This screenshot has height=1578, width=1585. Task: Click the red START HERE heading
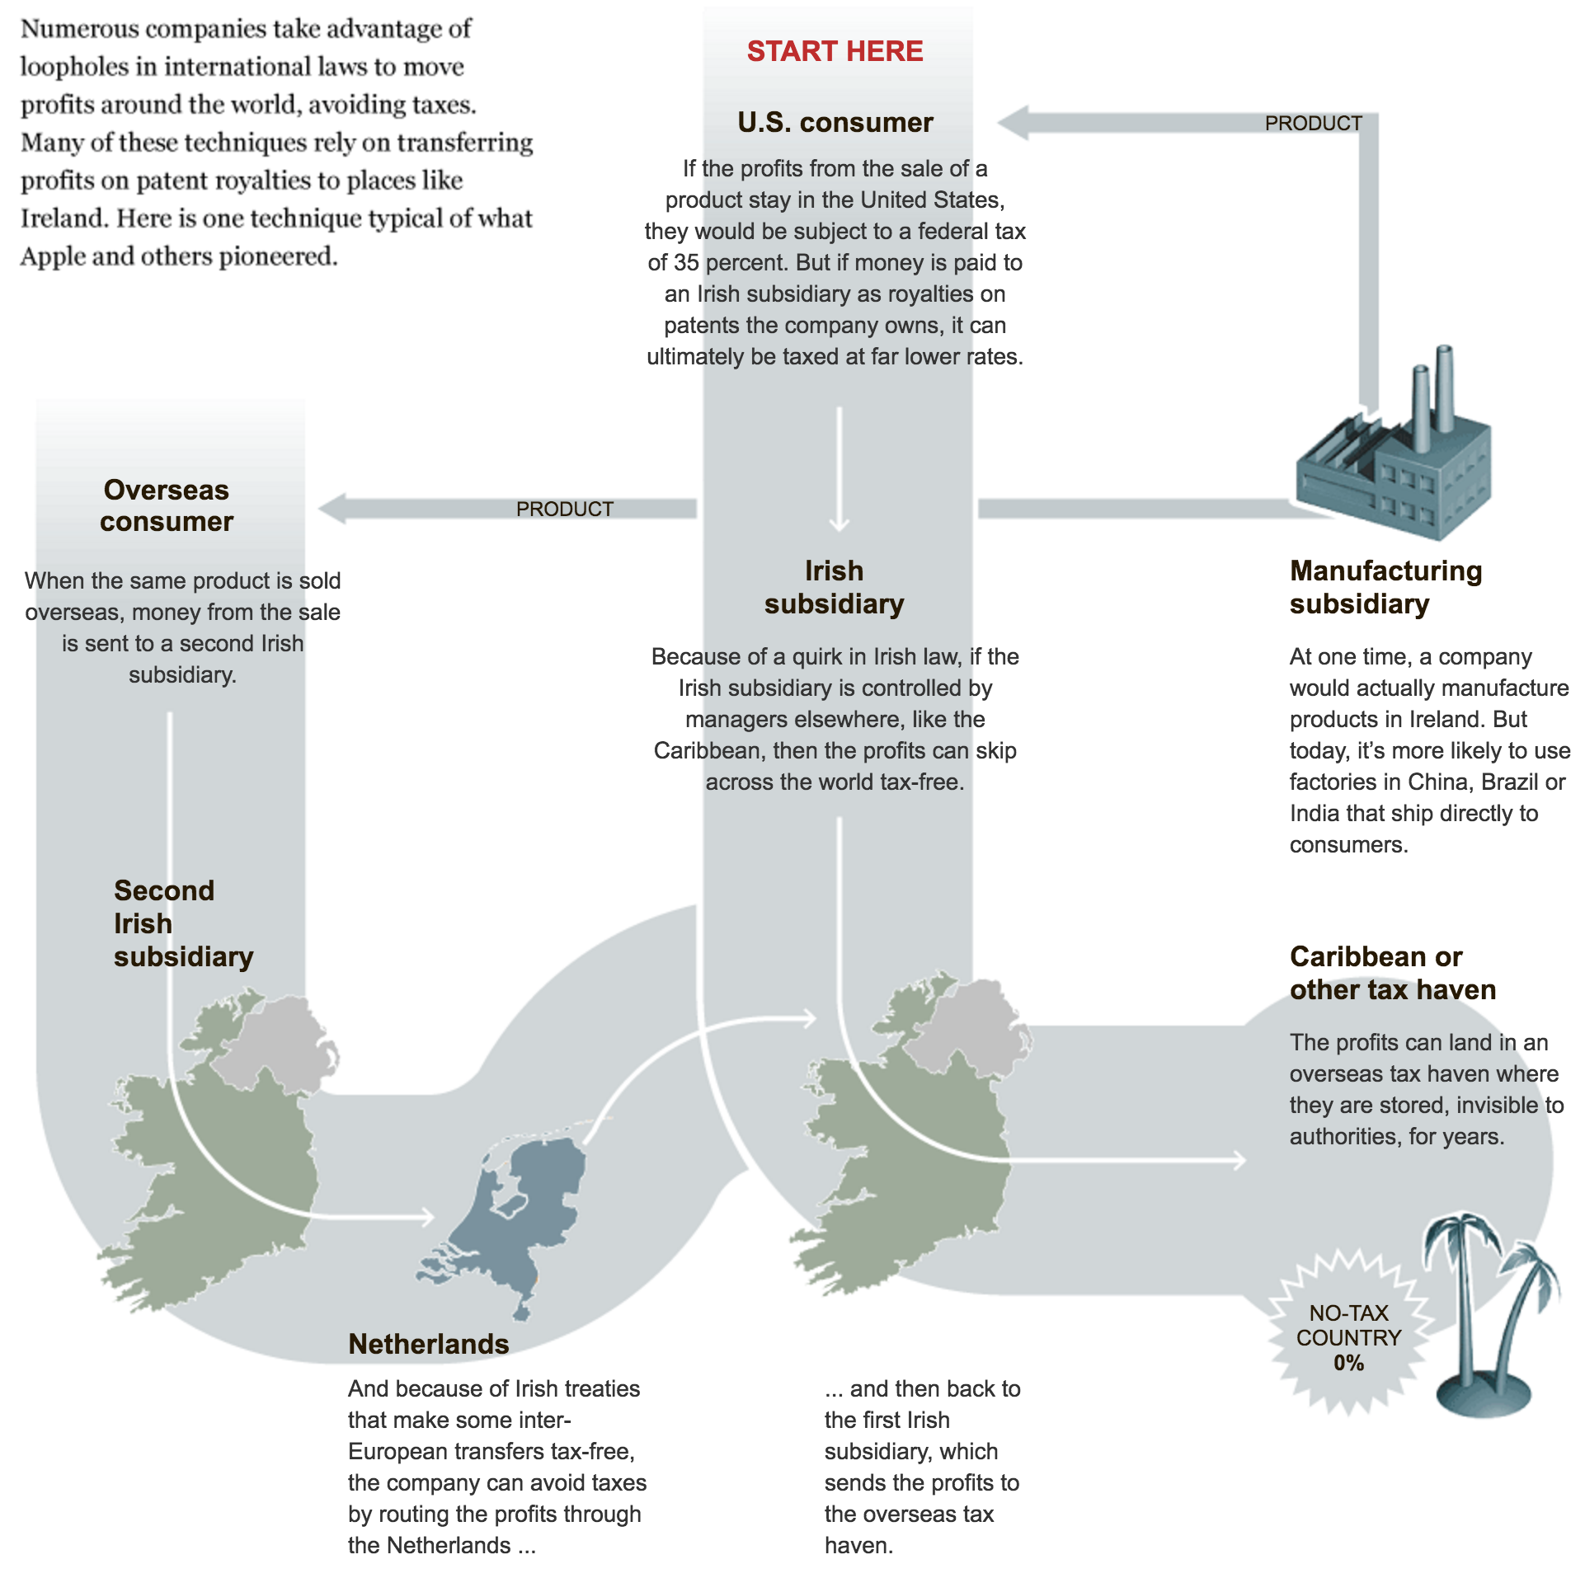click(x=835, y=51)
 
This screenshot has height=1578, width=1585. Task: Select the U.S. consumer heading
click(x=835, y=122)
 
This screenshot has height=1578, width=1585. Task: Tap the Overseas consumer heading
click(x=167, y=505)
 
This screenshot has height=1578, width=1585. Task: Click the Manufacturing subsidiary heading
click(x=1385, y=587)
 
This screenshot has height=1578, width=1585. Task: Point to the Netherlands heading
click(x=428, y=1344)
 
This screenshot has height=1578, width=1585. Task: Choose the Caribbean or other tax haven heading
click(x=1392, y=973)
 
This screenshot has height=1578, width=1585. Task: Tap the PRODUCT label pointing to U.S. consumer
click(x=1313, y=124)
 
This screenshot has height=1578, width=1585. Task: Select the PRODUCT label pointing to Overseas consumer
click(x=564, y=510)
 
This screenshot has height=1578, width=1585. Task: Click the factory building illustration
click(x=1394, y=470)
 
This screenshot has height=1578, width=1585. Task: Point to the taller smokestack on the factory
click(x=1444, y=387)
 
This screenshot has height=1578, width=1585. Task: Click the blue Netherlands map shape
click(x=520, y=1220)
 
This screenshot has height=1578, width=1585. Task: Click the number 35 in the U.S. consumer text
click(x=685, y=263)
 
